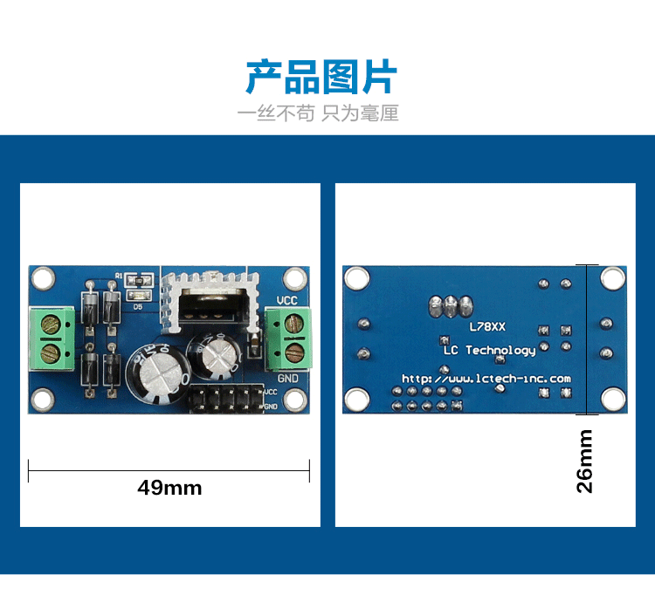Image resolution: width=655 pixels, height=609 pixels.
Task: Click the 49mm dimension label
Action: tap(169, 488)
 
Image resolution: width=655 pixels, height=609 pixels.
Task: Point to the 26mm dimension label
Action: tap(585, 461)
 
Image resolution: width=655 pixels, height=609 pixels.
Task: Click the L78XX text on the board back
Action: tap(487, 327)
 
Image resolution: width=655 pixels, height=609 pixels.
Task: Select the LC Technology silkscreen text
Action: tap(489, 350)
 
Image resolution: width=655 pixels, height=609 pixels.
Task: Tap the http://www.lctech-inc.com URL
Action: tap(486, 379)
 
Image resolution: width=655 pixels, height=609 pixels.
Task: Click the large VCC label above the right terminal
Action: tap(287, 302)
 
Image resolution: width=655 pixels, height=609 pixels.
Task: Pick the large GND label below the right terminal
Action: tap(288, 379)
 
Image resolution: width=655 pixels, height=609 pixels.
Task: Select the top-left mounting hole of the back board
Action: tap(355, 278)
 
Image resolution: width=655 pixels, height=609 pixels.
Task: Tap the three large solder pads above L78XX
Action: tap(451, 306)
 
